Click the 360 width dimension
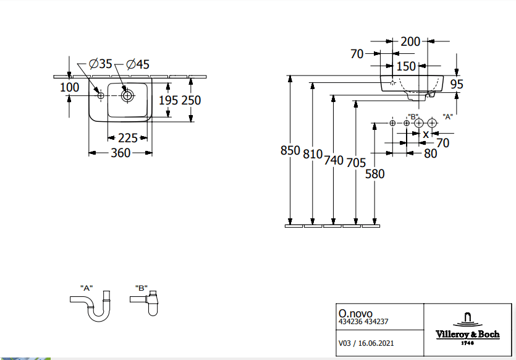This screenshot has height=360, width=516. [x=120, y=153]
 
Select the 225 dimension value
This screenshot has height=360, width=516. [x=128, y=138]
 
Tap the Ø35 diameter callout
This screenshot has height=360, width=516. [x=100, y=64]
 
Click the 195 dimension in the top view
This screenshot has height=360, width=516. [x=168, y=100]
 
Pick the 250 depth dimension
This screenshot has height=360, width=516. [x=190, y=100]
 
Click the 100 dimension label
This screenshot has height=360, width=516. [x=69, y=87]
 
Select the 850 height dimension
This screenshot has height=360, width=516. [x=290, y=150]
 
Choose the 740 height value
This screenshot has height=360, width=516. [x=334, y=160]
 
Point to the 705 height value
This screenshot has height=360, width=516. [x=355, y=162]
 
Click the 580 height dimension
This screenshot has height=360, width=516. [x=374, y=174]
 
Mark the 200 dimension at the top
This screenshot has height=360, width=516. [x=410, y=41]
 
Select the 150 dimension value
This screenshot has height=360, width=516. [x=406, y=66]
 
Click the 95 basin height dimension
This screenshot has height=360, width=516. [x=457, y=84]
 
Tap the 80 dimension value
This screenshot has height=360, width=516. [x=431, y=153]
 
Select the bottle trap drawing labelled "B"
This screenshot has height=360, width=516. [x=145, y=302]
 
